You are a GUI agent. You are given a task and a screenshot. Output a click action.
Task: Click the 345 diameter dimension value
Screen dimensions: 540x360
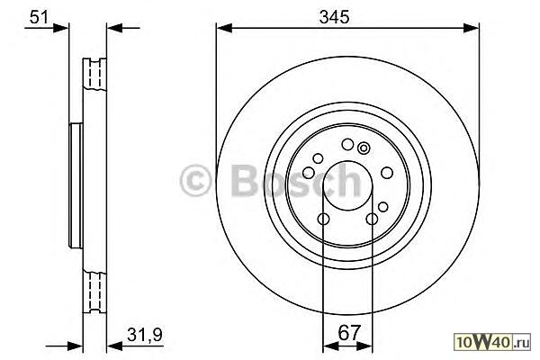[x=334, y=17]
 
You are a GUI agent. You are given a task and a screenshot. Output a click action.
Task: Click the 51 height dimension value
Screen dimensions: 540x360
[x=38, y=17]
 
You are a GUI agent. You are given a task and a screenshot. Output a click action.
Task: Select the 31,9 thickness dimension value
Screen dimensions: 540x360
[x=144, y=334]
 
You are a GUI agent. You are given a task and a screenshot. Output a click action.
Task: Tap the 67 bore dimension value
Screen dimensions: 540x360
[x=348, y=332]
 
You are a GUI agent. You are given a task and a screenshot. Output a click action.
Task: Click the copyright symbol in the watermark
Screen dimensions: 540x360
[x=195, y=180]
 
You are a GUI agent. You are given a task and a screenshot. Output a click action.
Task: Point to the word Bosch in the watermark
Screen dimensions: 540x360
[x=296, y=180]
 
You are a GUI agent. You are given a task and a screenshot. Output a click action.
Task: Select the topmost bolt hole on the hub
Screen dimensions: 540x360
[x=347, y=144]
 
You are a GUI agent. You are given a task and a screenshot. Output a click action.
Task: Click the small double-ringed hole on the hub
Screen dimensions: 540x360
[x=364, y=148]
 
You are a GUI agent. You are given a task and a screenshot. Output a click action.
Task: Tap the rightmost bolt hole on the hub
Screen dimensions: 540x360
[x=387, y=172]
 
